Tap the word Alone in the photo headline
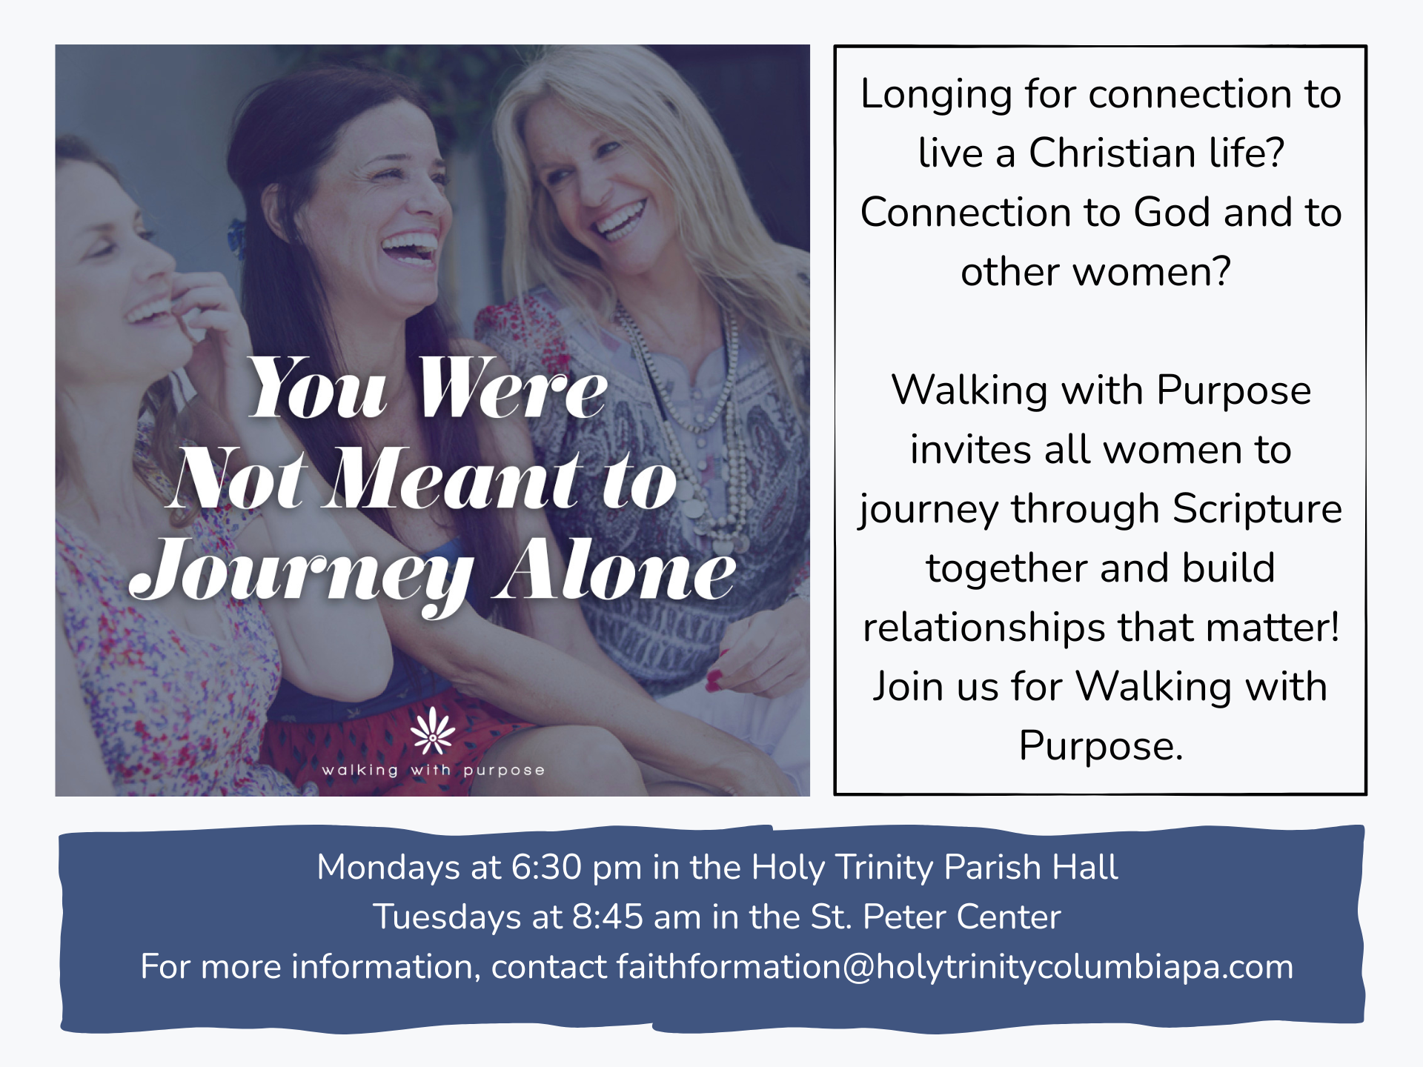pos(615,569)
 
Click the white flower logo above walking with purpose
pos(433,731)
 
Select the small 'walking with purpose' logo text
pos(434,771)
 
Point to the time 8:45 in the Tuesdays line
pos(608,917)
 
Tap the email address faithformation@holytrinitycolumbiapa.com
pos(955,967)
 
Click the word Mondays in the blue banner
pos(388,868)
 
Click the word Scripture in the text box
pos(1258,510)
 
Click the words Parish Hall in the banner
pos(1031,867)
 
